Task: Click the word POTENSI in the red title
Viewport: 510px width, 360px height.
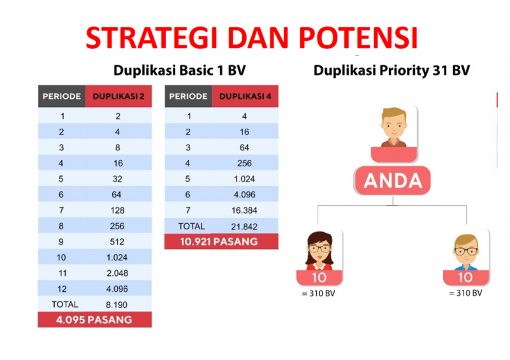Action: [x=358, y=38]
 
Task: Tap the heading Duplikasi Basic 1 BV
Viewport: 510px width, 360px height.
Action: [x=179, y=70]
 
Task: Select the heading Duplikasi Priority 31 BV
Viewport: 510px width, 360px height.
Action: [x=391, y=70]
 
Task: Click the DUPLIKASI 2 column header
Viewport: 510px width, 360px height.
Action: [x=119, y=96]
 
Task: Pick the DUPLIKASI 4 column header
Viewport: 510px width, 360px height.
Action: [x=245, y=96]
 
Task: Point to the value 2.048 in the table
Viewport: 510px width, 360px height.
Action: [x=117, y=273]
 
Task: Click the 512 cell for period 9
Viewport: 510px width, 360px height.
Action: [x=117, y=241]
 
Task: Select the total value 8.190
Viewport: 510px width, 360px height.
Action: [x=117, y=305]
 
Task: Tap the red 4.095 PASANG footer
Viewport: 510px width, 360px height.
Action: [x=94, y=320]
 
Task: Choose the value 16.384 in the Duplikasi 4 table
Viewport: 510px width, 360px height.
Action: [x=244, y=210]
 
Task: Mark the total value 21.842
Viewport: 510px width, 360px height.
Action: [x=244, y=226]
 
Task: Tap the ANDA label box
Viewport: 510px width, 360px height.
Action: [x=393, y=180]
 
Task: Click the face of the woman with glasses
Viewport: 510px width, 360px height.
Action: [x=319, y=250]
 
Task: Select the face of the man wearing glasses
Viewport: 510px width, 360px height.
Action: [x=467, y=250]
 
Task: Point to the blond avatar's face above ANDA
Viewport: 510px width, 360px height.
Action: [x=394, y=126]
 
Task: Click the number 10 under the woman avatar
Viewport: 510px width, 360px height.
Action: [x=319, y=278]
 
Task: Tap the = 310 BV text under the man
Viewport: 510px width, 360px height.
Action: [x=465, y=293]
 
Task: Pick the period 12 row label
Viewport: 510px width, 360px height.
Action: [x=62, y=289]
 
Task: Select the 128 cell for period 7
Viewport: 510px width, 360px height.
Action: [x=117, y=210]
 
